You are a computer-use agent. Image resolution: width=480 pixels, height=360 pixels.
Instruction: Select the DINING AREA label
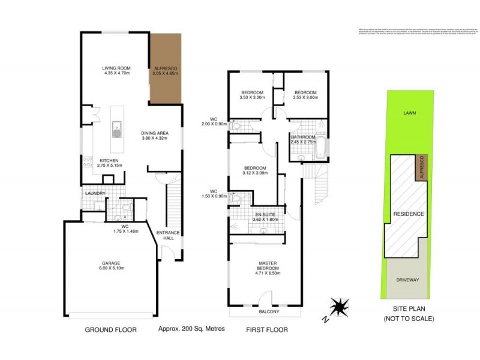tap(154, 133)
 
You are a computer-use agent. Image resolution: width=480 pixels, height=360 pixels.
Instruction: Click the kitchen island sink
tap(116, 128)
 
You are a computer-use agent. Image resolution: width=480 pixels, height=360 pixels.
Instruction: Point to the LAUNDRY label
tap(96, 193)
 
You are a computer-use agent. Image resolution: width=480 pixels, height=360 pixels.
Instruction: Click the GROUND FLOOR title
tap(110, 329)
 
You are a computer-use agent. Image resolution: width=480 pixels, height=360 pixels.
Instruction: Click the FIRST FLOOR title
tap(267, 329)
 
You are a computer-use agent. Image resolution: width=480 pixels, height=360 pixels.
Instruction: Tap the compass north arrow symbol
tap(340, 307)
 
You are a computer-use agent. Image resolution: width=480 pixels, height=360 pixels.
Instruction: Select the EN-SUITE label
tap(265, 214)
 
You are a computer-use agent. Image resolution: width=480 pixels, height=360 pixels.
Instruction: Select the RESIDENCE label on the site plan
tap(409, 214)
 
